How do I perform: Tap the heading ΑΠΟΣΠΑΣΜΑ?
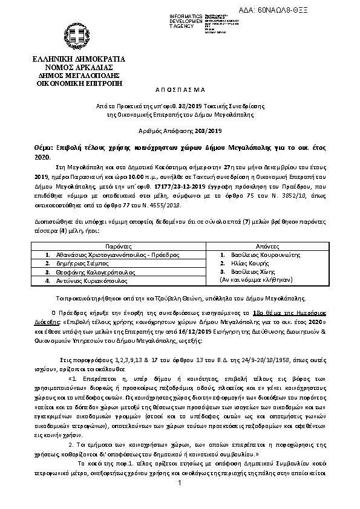(180, 89)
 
